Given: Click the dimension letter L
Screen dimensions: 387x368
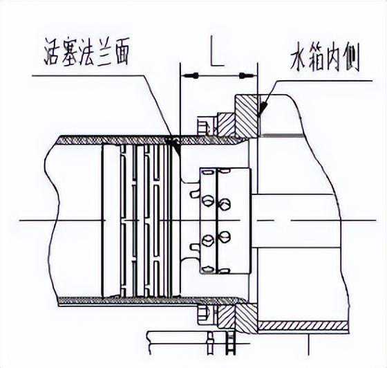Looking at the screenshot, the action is pyautogui.click(x=217, y=51).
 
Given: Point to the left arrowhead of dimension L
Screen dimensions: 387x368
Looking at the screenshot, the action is pyautogui.click(x=189, y=75).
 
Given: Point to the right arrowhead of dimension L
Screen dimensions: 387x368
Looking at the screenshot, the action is pyautogui.click(x=248, y=75).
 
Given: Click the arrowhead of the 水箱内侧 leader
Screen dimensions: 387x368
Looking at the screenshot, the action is pyautogui.click(x=263, y=107).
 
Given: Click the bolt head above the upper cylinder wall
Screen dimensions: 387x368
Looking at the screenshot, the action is pyautogui.click(x=204, y=127).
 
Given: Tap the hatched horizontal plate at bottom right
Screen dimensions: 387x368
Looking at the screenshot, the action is pyautogui.click(x=303, y=326).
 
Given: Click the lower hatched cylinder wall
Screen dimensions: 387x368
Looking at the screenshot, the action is pyautogui.click(x=152, y=301).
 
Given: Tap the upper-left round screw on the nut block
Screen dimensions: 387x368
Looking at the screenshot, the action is pyautogui.click(x=208, y=200).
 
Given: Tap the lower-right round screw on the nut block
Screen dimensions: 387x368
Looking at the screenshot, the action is pyautogui.click(x=224, y=238).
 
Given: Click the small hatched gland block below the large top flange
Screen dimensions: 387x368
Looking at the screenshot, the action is pyautogui.click(x=225, y=125).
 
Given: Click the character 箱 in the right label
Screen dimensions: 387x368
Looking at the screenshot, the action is pyautogui.click(x=317, y=59).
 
